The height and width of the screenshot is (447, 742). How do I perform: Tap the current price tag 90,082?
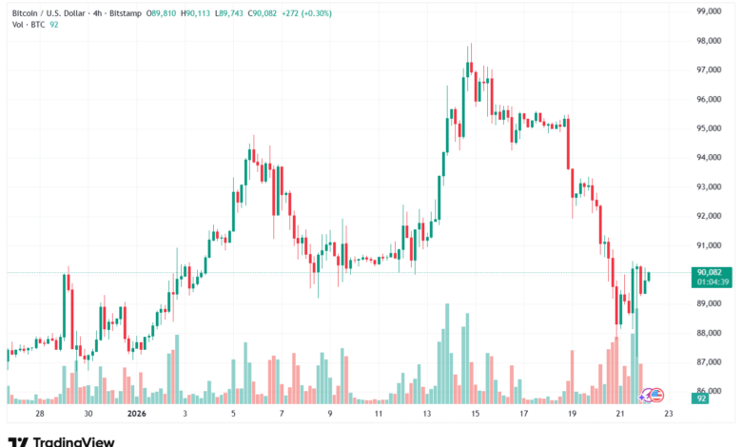[711, 272]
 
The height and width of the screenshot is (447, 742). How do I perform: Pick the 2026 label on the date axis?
[136, 415]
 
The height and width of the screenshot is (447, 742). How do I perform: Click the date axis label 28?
[39, 415]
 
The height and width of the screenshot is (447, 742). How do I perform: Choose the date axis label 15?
[476, 415]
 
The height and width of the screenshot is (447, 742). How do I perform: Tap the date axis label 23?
[670, 415]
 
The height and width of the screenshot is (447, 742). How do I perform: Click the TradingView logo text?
[74, 440]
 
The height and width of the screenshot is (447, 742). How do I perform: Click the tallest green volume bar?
[447, 352]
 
